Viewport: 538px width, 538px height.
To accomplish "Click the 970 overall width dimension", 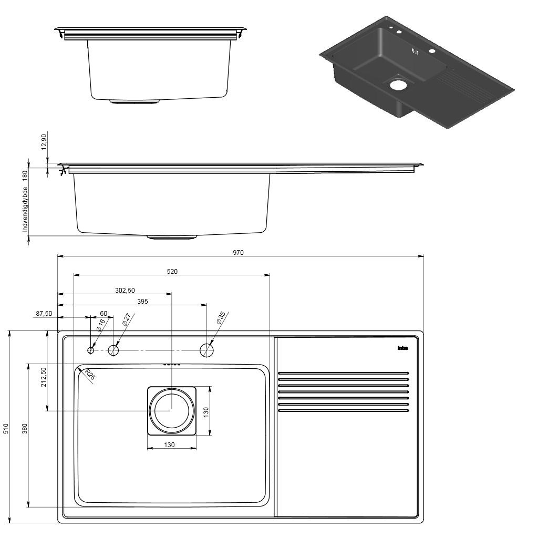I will point(238,253).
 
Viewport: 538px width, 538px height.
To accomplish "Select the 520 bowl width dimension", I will point(172,272).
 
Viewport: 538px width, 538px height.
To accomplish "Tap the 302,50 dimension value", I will point(125,290).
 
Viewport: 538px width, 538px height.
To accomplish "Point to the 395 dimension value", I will point(142,302).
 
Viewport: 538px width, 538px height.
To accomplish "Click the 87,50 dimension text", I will point(44,314).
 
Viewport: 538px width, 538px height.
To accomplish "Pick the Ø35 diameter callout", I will point(221,318).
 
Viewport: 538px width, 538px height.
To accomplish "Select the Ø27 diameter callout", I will point(126,320).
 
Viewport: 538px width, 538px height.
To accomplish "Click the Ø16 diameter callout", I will point(101,325).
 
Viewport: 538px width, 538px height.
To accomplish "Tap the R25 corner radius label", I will point(90,375).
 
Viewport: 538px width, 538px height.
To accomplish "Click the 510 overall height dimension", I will point(6,428).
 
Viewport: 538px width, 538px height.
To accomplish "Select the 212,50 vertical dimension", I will point(44,377).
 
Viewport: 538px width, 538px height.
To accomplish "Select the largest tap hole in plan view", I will point(207,350).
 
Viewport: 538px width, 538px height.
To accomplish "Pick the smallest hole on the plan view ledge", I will point(91,350).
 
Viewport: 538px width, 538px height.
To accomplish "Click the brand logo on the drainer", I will point(402,348).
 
